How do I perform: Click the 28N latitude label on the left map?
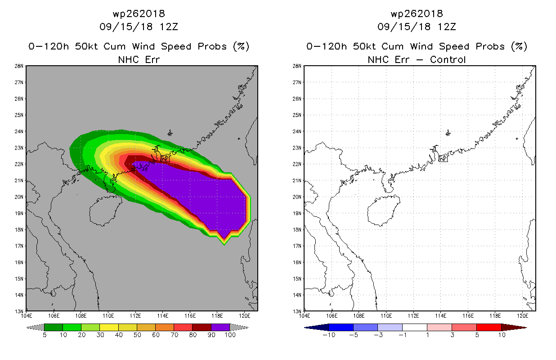pos(19,66)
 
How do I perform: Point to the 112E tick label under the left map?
pos(135,316)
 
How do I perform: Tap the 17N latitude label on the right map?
pos(297,246)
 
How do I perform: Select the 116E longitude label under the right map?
pos(468,316)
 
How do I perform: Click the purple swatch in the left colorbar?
pos(220,327)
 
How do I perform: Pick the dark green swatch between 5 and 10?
pos(54,327)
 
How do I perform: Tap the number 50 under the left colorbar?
pos(137,335)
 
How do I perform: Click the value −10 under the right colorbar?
pos(329,335)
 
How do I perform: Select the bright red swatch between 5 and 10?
pos(489,327)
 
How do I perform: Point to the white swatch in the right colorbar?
pos(415,327)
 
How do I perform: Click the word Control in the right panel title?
pos(448,60)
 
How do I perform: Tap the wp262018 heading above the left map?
pos(139,13)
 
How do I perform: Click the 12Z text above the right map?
pos(447,27)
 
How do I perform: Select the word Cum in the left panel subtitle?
pos(114,46)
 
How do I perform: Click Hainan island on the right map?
pos(383,210)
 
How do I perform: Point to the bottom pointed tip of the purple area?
pos(224,239)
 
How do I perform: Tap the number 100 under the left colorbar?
pos(230,335)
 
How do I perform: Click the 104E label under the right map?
pos(305,316)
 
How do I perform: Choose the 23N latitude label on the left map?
pos(19,148)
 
